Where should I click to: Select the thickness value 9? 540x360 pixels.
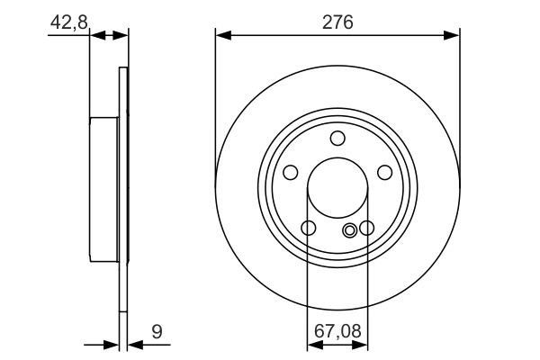click(x=157, y=331)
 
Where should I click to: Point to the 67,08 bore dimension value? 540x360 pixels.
click(x=337, y=332)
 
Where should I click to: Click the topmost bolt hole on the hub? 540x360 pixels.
click(x=337, y=138)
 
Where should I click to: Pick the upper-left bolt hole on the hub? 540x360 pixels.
click(x=291, y=172)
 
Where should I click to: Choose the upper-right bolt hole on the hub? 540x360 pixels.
click(x=384, y=172)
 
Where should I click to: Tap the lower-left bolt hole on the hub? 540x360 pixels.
click(x=309, y=228)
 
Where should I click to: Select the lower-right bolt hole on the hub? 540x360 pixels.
click(x=366, y=228)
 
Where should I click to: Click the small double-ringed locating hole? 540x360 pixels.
click(x=350, y=229)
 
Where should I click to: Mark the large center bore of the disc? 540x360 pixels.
click(x=337, y=189)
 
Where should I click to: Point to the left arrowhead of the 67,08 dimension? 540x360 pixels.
click(x=314, y=344)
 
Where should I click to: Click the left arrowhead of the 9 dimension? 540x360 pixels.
click(x=112, y=344)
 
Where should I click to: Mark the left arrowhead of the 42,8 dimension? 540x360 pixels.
click(x=98, y=36)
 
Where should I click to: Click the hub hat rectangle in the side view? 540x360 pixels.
click(x=105, y=189)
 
